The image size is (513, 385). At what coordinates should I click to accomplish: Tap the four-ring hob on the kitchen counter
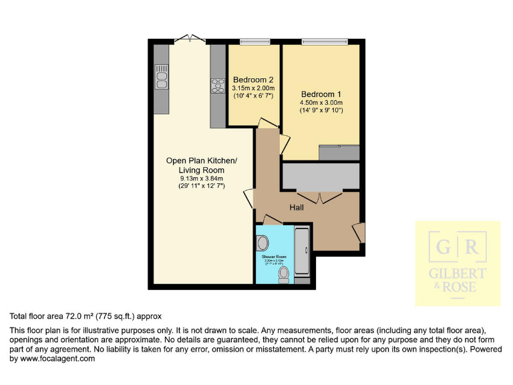(x=218, y=85)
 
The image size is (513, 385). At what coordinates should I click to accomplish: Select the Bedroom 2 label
(x=253, y=80)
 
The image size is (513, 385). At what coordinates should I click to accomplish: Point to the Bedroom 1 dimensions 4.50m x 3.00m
(x=321, y=102)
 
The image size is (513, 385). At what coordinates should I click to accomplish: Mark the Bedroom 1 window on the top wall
(x=321, y=43)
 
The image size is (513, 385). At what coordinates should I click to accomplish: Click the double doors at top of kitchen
(x=190, y=39)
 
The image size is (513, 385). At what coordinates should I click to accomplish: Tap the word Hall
(x=297, y=208)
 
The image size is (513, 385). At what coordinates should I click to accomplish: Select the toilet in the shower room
(x=284, y=273)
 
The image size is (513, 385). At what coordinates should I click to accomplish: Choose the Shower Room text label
(x=274, y=257)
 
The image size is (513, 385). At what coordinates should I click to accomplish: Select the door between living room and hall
(x=249, y=199)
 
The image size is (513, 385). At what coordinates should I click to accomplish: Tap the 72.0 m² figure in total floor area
(x=73, y=315)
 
